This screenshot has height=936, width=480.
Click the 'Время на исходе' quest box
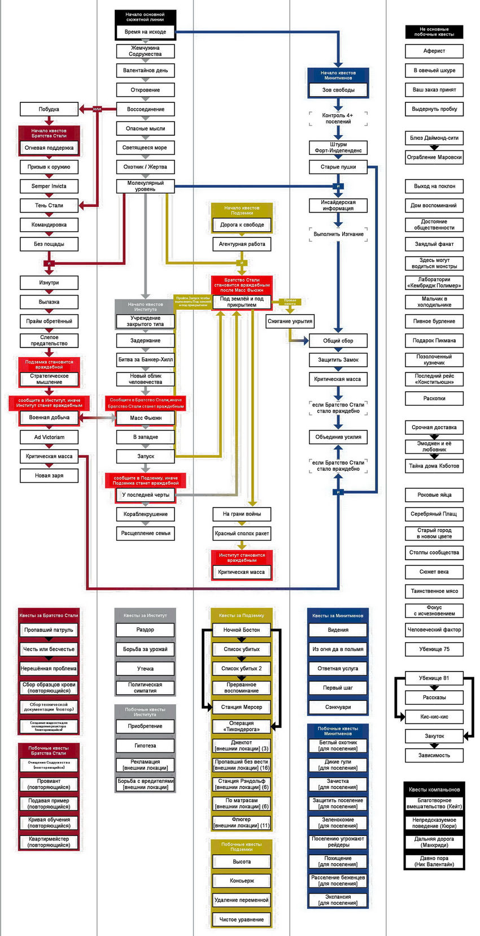[145, 32]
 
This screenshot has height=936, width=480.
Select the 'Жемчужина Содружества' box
[145, 51]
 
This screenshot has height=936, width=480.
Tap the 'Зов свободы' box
[338, 90]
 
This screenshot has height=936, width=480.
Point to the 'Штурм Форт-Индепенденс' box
[338, 148]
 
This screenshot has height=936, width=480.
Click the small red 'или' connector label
[97, 109]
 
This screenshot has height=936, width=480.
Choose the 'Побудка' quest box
[49, 109]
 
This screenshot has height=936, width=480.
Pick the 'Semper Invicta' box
[49, 186]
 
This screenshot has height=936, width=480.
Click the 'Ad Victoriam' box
[49, 437]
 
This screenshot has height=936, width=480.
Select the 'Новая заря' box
[49, 475]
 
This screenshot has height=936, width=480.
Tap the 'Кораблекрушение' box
[145, 514]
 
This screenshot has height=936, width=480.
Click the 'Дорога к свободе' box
[242, 225]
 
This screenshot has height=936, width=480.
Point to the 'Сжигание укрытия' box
[290, 321]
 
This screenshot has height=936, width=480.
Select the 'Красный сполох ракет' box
[242, 533]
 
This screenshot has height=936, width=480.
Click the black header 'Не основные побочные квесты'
[434, 32]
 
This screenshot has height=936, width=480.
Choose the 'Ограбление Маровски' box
[434, 157]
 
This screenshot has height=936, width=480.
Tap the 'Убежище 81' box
[434, 678]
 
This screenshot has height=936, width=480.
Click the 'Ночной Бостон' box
[242, 630]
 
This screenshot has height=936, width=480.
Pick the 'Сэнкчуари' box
[338, 707]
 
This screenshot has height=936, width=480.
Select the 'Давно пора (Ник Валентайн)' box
[434, 861]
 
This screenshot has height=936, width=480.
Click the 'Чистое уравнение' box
[242, 920]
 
